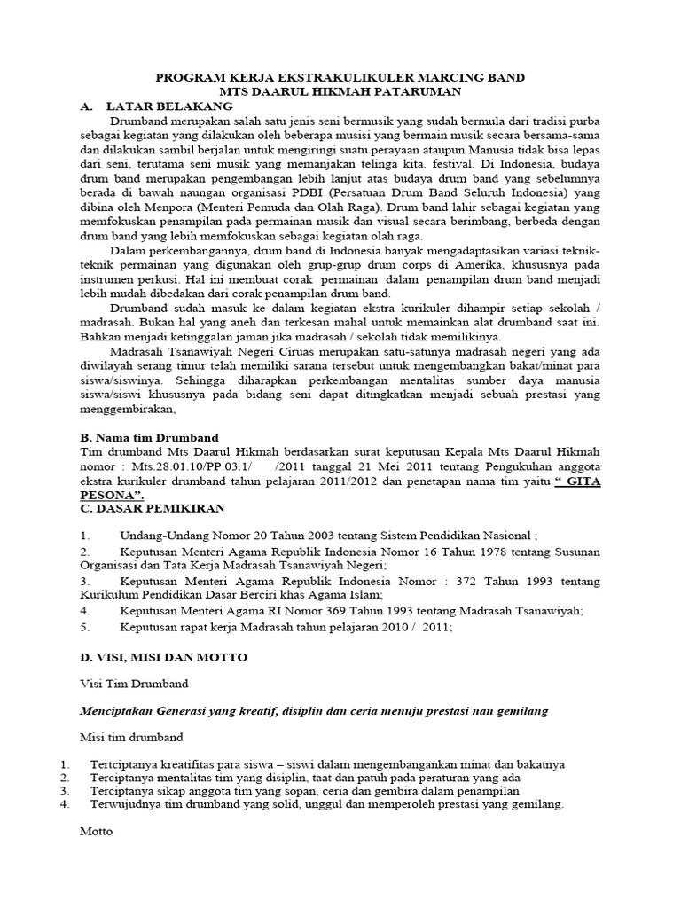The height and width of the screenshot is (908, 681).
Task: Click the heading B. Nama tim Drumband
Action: [149, 437]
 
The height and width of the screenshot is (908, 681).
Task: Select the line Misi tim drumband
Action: [131, 737]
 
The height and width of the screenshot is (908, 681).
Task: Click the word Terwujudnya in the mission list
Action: [126, 804]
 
